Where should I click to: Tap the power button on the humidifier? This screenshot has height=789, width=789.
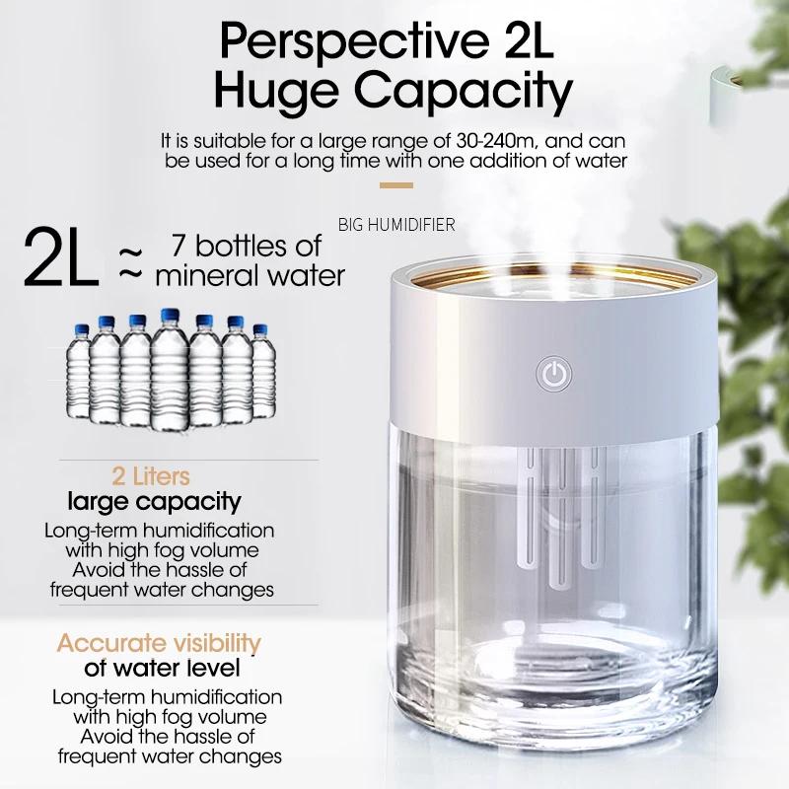pyautogui.click(x=553, y=374)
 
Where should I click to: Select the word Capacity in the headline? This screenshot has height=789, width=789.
pyautogui.click(x=464, y=91)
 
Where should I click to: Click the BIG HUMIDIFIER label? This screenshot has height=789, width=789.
pyautogui.click(x=396, y=225)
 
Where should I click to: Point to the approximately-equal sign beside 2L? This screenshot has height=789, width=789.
pyautogui.click(x=130, y=263)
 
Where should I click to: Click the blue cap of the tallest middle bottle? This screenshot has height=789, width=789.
pyautogui.click(x=170, y=316)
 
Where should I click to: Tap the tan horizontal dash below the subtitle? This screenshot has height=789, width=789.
pyautogui.click(x=396, y=185)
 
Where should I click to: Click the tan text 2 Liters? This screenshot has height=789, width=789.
pyautogui.click(x=151, y=476)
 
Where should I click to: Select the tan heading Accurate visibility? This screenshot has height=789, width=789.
pyautogui.click(x=159, y=643)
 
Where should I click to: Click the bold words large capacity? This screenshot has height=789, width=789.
pyautogui.click(x=155, y=502)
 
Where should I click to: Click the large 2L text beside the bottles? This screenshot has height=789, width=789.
pyautogui.click(x=60, y=258)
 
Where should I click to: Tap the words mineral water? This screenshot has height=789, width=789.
pyautogui.click(x=251, y=276)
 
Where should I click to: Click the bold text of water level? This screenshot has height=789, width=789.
pyautogui.click(x=162, y=669)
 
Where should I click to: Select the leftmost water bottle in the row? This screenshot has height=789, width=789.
pyautogui.click(x=79, y=372)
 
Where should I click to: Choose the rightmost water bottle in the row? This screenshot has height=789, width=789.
pyautogui.click(x=262, y=372)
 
